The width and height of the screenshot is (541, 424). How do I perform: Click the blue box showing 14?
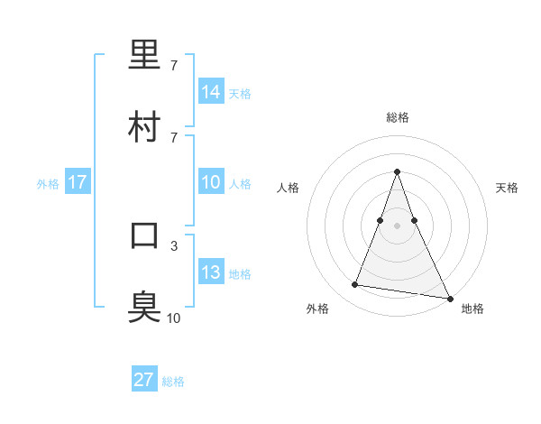211,92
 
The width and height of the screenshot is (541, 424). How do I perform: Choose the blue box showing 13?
211,272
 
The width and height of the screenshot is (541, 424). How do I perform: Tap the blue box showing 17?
78,182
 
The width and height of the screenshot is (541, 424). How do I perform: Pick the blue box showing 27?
144,380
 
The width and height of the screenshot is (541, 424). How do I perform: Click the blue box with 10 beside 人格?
211,182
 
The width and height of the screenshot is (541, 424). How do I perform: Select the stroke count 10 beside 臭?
173,318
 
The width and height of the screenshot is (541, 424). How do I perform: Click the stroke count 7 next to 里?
174,66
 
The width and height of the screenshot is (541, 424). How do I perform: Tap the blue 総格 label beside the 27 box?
173,382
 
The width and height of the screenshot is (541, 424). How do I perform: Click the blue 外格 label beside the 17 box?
48,184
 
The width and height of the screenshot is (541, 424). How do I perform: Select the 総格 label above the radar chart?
398,117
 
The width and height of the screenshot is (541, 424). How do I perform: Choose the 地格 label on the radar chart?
472,309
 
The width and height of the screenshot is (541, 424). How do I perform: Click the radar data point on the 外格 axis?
354,285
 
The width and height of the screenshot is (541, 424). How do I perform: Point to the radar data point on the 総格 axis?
398,171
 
